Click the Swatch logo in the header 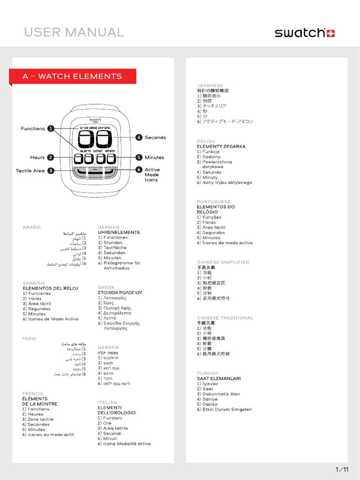click(x=305, y=33)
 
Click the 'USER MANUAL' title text click(x=74, y=32)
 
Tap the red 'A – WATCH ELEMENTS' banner click(x=73, y=76)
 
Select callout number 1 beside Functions click(x=51, y=128)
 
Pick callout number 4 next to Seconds click(x=139, y=137)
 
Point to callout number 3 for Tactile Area click(x=51, y=171)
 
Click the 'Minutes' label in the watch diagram click(x=154, y=157)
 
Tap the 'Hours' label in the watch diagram click(x=37, y=157)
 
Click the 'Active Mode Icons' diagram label click(x=152, y=175)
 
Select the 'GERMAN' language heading click(x=108, y=227)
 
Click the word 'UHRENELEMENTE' click(x=119, y=232)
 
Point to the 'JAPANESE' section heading click(x=210, y=86)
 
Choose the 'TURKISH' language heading click(x=208, y=374)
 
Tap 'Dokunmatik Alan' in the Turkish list click(x=221, y=394)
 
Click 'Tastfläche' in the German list click(x=115, y=248)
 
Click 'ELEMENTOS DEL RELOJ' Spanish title click(x=50, y=288)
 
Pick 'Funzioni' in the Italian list click(x=112, y=418)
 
